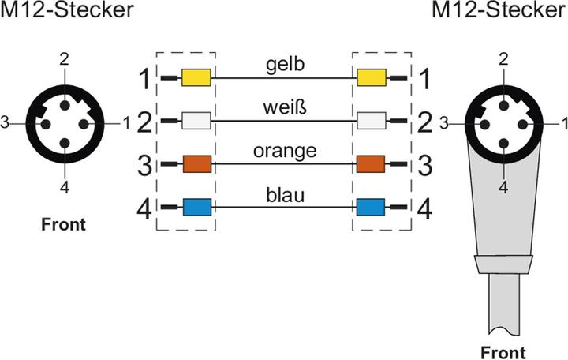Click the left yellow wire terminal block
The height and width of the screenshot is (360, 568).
pyautogui.click(x=196, y=77)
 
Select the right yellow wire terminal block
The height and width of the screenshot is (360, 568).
pyautogui.click(x=371, y=77)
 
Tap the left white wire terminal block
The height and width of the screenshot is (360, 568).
pyautogui.click(x=196, y=121)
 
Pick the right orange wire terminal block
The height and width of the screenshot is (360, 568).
pyautogui.click(x=371, y=164)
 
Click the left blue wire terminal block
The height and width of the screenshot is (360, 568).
pyautogui.click(x=196, y=208)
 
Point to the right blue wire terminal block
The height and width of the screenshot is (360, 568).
pyautogui.click(x=371, y=208)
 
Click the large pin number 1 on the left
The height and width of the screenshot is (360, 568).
pyautogui.click(x=144, y=77)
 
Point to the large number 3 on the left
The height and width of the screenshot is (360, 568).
pyautogui.click(x=144, y=164)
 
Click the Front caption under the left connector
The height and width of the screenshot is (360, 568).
pyautogui.click(x=63, y=224)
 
